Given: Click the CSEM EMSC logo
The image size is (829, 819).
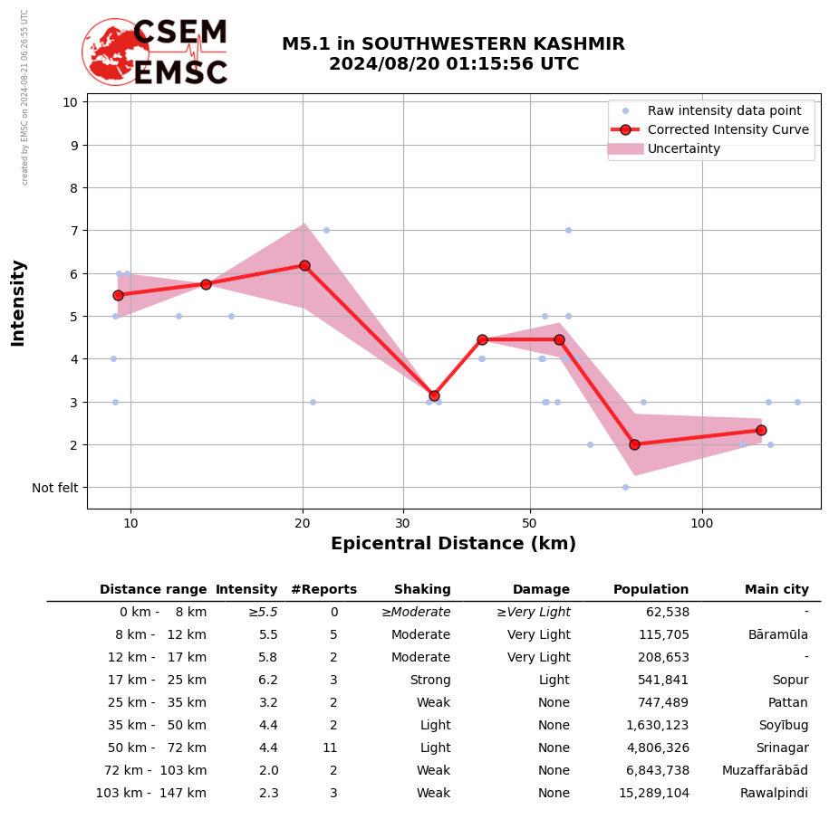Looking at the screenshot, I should click(156, 52).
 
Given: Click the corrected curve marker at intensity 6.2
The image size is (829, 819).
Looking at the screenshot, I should click(304, 265).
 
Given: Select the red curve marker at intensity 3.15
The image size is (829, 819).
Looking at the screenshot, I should click(434, 395).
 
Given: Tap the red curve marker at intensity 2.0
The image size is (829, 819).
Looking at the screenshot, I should click(634, 444).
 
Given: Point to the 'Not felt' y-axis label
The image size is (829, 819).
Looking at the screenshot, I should click(55, 488).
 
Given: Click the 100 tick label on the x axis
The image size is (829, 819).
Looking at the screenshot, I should click(701, 523).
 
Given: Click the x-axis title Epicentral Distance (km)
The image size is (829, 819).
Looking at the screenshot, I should click(453, 544).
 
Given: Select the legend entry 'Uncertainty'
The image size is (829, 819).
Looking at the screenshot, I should click(684, 148).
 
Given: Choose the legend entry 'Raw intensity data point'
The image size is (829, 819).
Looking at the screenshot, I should click(724, 110).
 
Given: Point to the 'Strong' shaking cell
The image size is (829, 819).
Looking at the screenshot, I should click(429, 681).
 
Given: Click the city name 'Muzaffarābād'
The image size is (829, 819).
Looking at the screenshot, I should click(765, 771).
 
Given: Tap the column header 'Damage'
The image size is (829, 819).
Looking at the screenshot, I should click(541, 590).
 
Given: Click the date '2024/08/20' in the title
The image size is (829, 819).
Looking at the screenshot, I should click(375, 64).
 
